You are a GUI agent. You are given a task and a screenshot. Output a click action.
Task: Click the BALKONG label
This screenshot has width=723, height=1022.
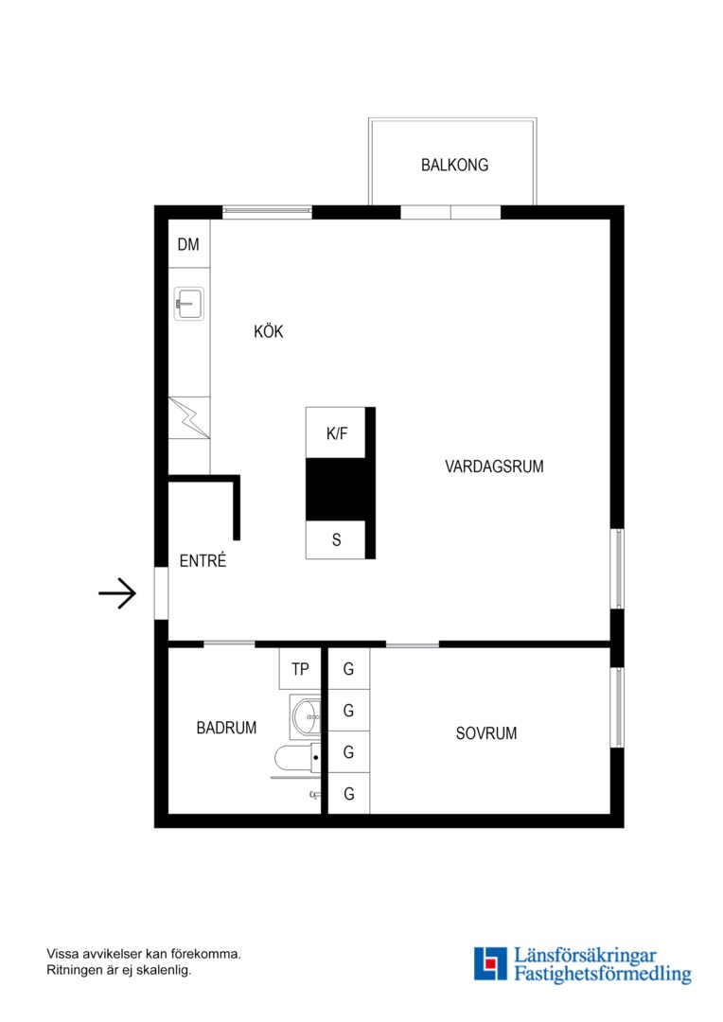click(x=454, y=165)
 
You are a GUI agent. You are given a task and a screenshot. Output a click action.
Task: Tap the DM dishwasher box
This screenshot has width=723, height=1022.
click(x=189, y=244)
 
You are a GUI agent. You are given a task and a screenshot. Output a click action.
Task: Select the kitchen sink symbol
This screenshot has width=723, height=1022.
click(x=189, y=303)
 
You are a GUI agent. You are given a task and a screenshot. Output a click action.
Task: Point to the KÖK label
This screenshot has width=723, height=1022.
click(x=269, y=331)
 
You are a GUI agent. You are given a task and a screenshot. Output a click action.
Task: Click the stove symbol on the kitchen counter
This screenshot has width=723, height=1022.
click(x=189, y=418)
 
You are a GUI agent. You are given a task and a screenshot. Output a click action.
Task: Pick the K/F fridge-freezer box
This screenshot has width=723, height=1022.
click(x=336, y=432)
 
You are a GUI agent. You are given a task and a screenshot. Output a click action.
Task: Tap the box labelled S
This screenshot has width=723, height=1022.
click(x=336, y=539)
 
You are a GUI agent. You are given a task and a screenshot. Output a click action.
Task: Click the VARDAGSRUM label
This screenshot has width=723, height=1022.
click(x=494, y=466)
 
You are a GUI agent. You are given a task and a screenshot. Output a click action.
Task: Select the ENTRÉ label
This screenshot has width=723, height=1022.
click(x=203, y=560)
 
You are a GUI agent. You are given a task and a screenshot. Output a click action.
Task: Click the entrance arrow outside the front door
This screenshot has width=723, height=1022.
click(x=117, y=593)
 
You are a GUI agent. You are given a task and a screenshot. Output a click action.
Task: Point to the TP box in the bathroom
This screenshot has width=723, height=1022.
click(x=300, y=669)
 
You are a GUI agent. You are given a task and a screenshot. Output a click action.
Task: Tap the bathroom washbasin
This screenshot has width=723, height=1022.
click(x=306, y=717)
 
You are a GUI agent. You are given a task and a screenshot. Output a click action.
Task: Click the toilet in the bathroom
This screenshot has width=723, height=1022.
click(x=297, y=758)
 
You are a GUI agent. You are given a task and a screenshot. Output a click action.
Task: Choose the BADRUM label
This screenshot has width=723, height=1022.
click(x=226, y=728)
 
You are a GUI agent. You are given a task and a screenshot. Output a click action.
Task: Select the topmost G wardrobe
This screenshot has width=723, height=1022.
click(x=349, y=669)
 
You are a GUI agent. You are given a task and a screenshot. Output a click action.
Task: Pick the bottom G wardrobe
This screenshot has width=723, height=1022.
click(x=349, y=794)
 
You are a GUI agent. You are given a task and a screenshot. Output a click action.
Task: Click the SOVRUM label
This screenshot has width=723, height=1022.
click(x=486, y=733)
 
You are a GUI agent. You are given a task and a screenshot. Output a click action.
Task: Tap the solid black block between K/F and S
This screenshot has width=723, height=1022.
click(x=336, y=489)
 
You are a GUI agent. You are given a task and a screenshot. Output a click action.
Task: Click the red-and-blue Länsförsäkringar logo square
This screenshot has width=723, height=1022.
click(x=490, y=963)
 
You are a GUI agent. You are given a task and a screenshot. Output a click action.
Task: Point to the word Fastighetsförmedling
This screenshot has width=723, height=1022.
click(x=603, y=975)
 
